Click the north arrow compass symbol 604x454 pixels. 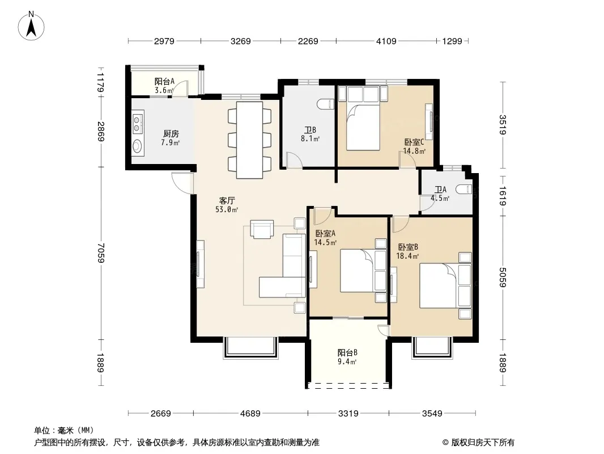31,26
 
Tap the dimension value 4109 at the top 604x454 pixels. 386,41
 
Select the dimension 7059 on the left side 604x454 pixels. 101,253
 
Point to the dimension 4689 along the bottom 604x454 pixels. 250,414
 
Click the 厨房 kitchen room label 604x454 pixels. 171,134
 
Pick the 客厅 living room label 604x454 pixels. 227,200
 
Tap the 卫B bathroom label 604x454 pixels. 310,130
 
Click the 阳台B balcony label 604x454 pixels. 347,352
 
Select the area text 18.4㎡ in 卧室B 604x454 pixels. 407,256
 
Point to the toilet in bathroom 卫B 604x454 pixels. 326,104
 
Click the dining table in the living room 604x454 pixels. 250,140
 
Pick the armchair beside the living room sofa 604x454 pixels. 262,229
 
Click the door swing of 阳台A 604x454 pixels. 180,88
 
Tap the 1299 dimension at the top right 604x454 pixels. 452,41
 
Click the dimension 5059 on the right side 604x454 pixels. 503,278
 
